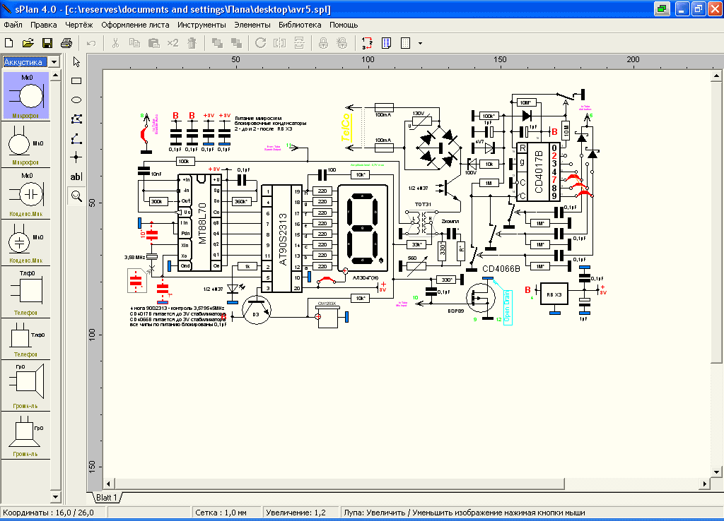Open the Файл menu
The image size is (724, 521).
pos(13,25)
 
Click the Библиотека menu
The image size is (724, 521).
pos(300,25)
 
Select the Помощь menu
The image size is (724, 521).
pos(344,25)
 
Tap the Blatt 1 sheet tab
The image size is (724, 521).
pos(105,498)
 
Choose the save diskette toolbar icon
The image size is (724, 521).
pos(47,43)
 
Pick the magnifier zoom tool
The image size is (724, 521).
pos(76,196)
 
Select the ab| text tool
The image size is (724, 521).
pos(76,176)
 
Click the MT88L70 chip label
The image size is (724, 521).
pos(203,220)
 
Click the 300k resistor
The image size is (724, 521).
pos(157,202)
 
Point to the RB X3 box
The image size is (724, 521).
pos(554,294)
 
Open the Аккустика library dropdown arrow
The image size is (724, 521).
pos(54,62)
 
